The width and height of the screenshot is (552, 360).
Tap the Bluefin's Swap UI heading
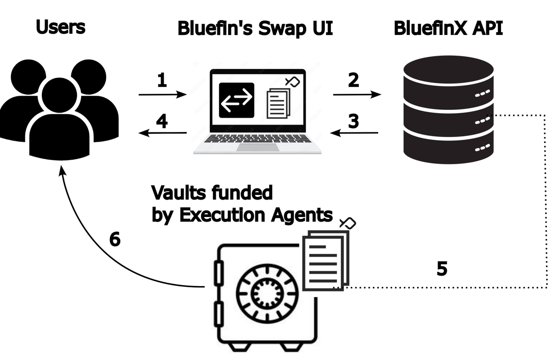click(255, 29)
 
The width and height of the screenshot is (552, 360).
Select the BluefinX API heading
click(448, 29)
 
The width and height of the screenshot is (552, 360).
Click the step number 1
click(161, 80)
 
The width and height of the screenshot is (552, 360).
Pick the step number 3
click(353, 122)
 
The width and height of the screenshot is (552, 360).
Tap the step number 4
click(161, 122)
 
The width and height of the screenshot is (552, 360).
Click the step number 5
click(442, 269)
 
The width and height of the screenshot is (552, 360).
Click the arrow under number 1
click(163, 95)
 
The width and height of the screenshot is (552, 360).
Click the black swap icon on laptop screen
click(236, 100)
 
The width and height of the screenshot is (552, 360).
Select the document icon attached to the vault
click(325, 260)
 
